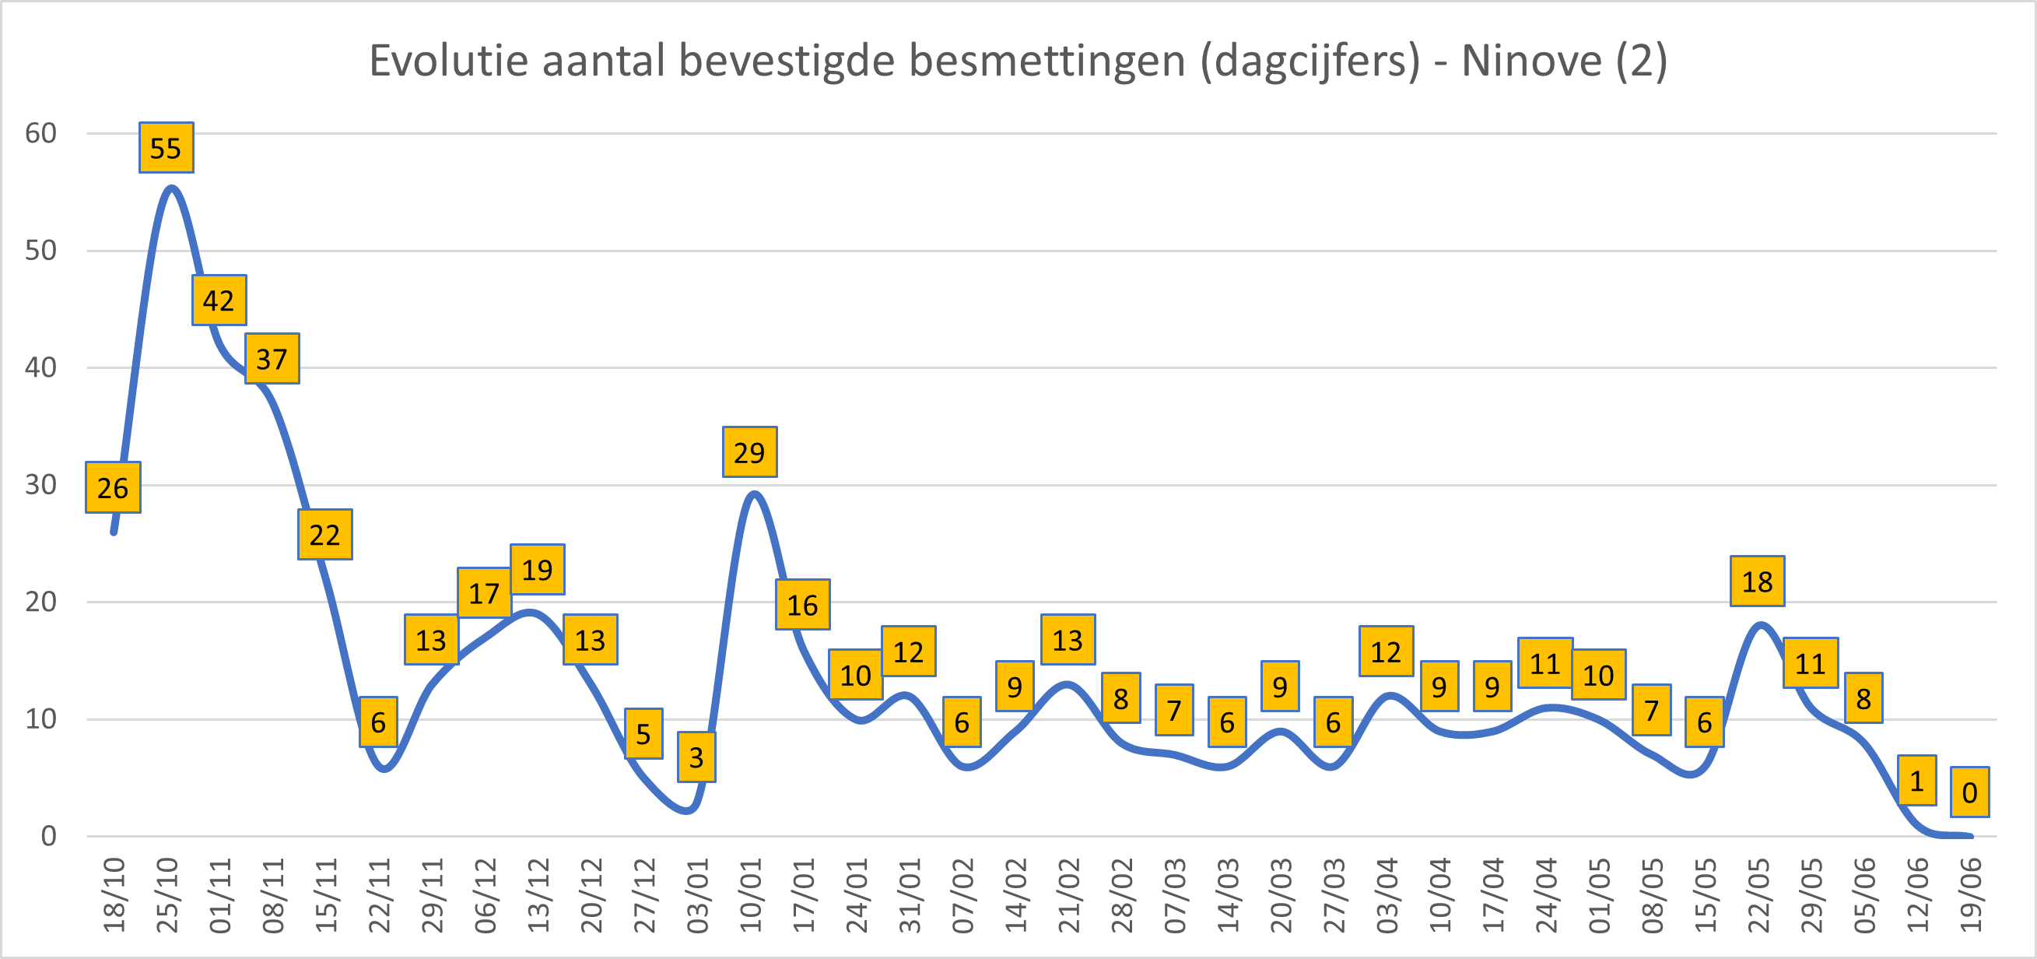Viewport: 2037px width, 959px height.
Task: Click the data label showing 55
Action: click(x=166, y=148)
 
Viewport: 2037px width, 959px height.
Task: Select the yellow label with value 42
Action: click(x=219, y=300)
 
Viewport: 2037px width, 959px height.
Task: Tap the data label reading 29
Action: click(x=749, y=452)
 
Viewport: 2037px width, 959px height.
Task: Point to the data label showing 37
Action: click(x=272, y=359)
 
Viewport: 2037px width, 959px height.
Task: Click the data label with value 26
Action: click(x=113, y=488)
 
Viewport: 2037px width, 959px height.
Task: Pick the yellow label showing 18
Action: click(x=1757, y=581)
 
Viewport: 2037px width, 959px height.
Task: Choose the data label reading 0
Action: click(x=1969, y=792)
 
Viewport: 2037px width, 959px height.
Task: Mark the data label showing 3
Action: click(x=696, y=757)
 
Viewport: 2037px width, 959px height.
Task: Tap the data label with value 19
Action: click(x=538, y=570)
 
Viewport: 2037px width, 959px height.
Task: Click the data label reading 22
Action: click(x=325, y=535)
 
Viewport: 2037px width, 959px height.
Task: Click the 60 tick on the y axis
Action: click(x=41, y=133)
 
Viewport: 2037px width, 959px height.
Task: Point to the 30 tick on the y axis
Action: click(x=41, y=484)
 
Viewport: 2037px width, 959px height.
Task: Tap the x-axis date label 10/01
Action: click(x=750, y=895)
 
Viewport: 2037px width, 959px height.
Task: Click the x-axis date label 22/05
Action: click(x=1758, y=895)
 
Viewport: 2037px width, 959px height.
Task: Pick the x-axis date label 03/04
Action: click(x=1387, y=895)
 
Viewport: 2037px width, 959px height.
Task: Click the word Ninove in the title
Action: click(x=1531, y=61)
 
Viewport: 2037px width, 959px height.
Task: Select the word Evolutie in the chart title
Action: click(x=449, y=61)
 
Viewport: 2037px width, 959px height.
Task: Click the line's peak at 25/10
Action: click(x=172, y=188)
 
